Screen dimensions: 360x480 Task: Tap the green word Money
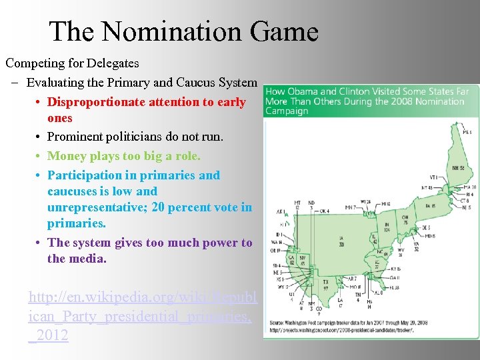[x=65, y=156]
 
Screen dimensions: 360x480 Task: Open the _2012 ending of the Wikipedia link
[x=49, y=335]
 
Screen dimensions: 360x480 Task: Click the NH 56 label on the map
[x=457, y=168]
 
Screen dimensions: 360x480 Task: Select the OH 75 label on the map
[x=405, y=219]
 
